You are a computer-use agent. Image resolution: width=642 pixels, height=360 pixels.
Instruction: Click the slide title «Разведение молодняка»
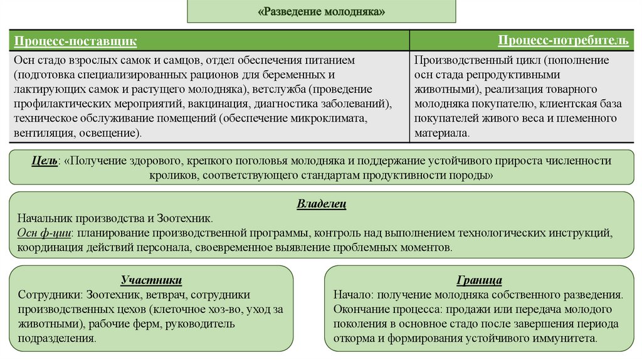point(321,12)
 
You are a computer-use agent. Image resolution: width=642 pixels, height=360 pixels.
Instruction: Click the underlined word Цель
point(45,161)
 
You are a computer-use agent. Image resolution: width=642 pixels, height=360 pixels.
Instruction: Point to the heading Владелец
point(321,204)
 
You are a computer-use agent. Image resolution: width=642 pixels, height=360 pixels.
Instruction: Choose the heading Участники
point(151,280)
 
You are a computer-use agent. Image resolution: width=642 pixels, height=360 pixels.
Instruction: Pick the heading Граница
point(480,280)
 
